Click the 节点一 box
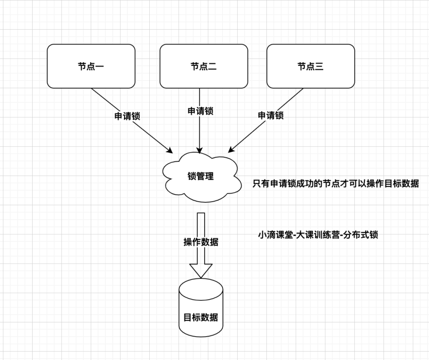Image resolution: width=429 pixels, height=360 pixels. (91, 66)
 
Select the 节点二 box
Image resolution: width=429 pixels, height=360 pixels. (204, 66)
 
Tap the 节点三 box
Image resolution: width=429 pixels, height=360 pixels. (310, 66)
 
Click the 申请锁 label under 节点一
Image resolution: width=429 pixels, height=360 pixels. (127, 116)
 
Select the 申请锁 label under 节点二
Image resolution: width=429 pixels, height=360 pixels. (200, 111)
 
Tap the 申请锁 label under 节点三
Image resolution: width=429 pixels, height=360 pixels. (270, 115)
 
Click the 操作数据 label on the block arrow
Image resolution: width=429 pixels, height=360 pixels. (201, 242)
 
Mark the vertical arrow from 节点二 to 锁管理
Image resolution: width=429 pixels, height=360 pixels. (200, 134)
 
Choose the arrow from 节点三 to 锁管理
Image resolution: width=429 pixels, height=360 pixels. (252, 134)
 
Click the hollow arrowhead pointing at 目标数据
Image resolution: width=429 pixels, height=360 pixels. (201, 270)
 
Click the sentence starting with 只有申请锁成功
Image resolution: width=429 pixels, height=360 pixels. (336, 183)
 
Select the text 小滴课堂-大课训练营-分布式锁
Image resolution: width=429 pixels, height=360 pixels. (318, 235)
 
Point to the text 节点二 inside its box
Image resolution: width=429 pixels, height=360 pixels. (204, 67)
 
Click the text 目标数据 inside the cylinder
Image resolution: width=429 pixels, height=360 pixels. (201, 317)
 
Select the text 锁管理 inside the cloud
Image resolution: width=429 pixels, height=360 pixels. (201, 177)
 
